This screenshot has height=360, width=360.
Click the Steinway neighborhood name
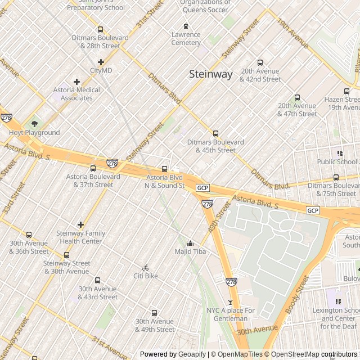pos(210,74)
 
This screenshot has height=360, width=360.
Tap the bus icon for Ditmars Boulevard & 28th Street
pos(100,30)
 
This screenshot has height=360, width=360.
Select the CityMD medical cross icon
pos(101,62)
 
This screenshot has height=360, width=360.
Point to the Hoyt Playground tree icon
pos(34,124)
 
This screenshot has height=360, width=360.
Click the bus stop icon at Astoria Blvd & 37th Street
pos(93,168)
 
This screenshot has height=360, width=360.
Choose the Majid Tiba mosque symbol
pos(190,243)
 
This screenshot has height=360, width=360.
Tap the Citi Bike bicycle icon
pos(145,268)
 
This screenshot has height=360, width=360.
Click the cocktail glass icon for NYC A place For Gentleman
pos(229,302)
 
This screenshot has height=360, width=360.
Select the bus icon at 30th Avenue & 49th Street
pos(154,313)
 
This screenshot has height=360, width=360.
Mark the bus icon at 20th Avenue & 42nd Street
pos(260,63)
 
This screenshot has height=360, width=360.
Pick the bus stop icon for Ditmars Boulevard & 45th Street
pos(215,134)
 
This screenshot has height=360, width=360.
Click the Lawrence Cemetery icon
pos(186,26)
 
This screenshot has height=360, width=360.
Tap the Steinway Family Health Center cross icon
pos(80,225)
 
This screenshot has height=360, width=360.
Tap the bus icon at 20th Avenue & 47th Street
pos(297,97)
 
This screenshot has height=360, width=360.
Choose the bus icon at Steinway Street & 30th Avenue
pos(66,255)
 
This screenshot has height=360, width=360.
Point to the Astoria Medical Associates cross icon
pos(76,82)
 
